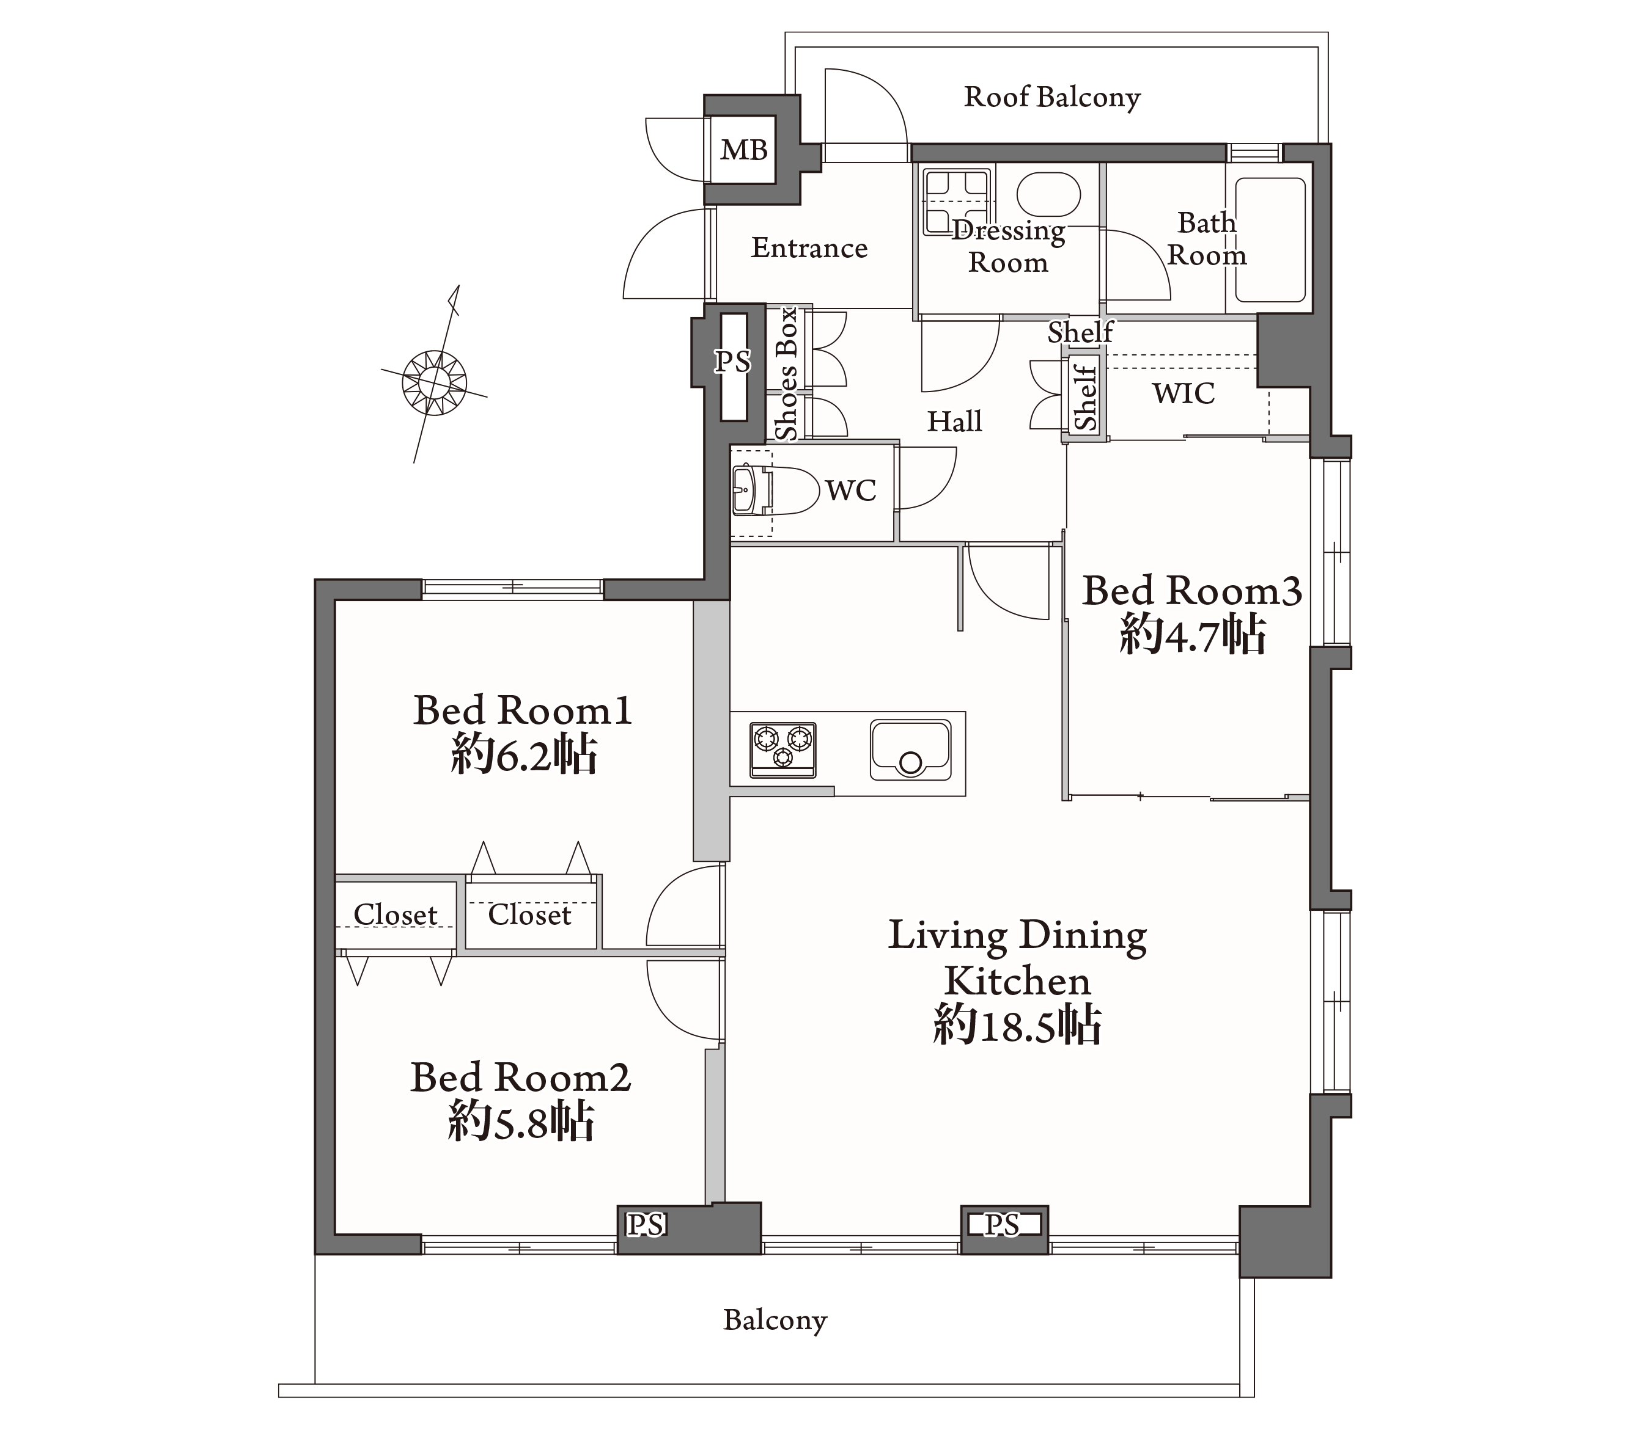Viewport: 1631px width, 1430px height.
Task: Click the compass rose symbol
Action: coord(434,383)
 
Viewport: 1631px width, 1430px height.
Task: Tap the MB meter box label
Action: coord(744,150)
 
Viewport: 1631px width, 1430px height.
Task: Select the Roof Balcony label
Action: coord(1051,97)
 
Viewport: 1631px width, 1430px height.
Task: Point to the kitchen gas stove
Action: coord(782,750)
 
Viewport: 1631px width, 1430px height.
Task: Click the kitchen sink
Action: coord(910,751)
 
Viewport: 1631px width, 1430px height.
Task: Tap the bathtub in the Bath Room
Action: coord(1270,240)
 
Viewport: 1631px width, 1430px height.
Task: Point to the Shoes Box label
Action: coord(787,374)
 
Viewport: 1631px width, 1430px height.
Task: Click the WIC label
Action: coord(1184,393)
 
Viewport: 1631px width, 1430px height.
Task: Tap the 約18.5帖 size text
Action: coord(1017,1025)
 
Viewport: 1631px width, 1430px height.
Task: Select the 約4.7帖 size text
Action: coord(1192,635)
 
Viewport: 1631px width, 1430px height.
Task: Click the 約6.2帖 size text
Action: coord(523,754)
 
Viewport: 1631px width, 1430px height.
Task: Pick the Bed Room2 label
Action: coord(520,1078)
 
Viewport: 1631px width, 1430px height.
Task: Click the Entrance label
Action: coord(809,248)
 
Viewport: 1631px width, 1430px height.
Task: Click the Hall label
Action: coord(954,421)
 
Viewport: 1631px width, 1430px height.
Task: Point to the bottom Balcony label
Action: coord(775,1320)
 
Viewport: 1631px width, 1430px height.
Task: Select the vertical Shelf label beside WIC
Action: coord(1085,396)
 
